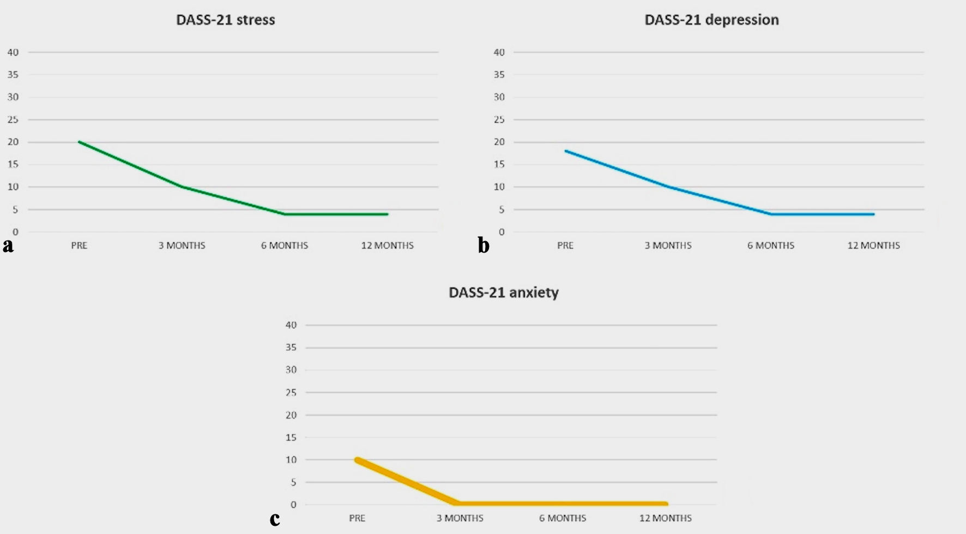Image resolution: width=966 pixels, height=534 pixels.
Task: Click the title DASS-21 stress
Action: click(225, 20)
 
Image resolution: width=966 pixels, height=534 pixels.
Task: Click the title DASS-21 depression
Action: click(711, 20)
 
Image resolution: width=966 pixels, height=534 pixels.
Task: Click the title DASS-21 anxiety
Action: click(503, 292)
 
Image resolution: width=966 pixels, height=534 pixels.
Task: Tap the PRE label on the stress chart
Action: click(79, 245)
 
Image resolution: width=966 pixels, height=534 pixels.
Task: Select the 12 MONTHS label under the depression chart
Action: click(873, 245)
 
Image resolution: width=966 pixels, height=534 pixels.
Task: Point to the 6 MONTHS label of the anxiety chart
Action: click(563, 518)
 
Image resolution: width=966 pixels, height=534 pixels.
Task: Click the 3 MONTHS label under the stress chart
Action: click(182, 245)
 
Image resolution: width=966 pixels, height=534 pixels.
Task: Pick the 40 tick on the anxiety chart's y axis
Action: click(291, 325)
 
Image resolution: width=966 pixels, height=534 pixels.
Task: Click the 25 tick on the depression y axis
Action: click(499, 119)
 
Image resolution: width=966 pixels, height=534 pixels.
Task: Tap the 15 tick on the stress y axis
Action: click(13, 164)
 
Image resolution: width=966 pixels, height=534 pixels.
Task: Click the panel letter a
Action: click(8, 245)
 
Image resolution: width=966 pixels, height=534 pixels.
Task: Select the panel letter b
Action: click(483, 245)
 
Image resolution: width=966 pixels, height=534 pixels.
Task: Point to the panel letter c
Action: click(275, 518)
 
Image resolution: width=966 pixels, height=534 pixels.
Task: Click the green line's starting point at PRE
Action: click(79, 142)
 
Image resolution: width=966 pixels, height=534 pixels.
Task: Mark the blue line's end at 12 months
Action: click(873, 214)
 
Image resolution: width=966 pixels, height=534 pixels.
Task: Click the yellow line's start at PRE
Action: click(357, 460)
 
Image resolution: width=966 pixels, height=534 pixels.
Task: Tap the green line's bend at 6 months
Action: click(285, 214)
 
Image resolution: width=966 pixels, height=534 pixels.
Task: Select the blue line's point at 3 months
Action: click(668, 187)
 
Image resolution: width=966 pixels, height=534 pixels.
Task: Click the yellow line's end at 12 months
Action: click(665, 504)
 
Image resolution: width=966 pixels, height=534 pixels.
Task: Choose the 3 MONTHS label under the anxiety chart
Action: click(460, 518)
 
